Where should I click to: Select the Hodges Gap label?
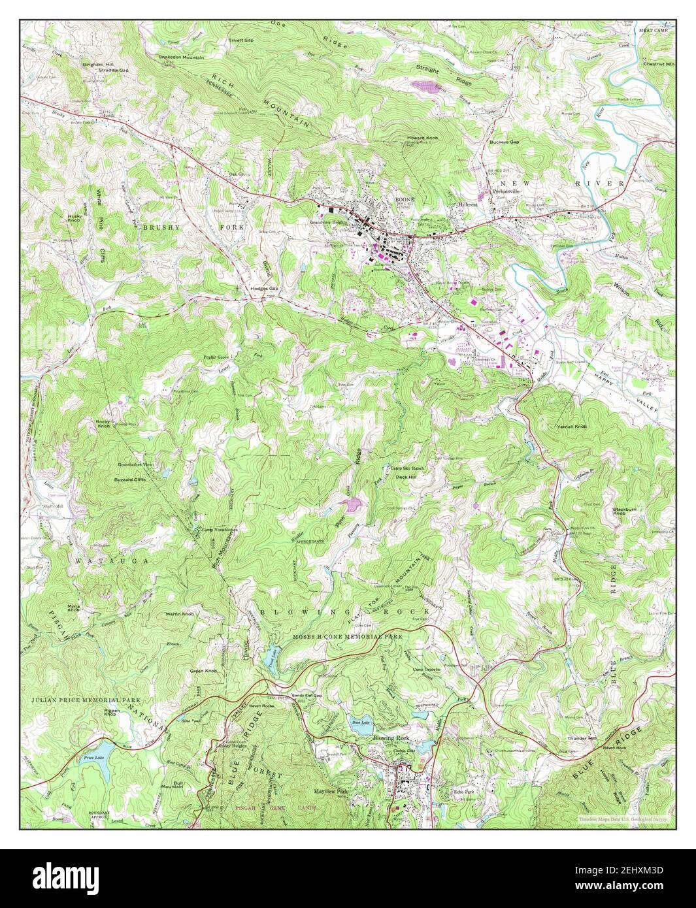point(263,288)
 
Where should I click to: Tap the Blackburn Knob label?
point(625,511)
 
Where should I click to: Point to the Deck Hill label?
point(406,477)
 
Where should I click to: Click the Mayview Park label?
point(331,791)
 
